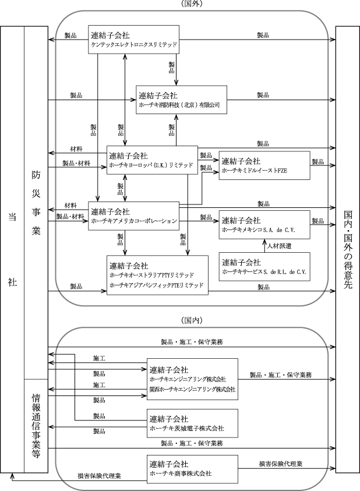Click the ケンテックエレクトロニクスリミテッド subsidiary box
(133, 40)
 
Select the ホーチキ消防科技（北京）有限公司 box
(181, 100)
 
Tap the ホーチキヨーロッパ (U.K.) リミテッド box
(152, 160)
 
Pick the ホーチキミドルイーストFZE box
(264, 165)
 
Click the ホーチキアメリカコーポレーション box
(133, 216)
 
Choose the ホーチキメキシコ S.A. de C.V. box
(264, 224)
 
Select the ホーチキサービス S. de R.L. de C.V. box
(264, 267)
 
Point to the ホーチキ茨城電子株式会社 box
(192, 423)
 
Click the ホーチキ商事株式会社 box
(192, 468)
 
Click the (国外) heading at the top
(192, 3)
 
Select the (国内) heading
(192, 320)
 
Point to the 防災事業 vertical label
(36, 203)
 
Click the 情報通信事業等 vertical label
(36, 426)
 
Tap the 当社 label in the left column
(12, 249)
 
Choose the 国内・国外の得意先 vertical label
(348, 249)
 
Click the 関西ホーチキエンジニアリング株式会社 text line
(193, 389)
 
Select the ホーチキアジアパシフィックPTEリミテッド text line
(157, 285)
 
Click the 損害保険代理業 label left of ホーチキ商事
(100, 476)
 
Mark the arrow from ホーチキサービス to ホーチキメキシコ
(263, 246)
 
